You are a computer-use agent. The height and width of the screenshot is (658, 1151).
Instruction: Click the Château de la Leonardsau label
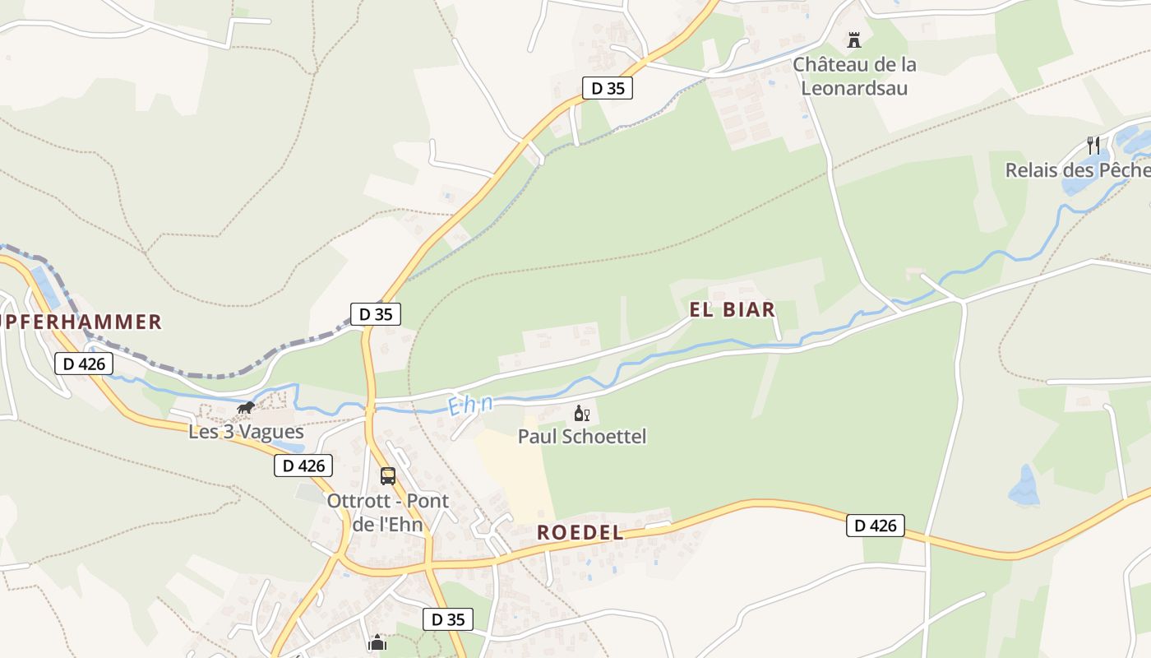pyautogui.click(x=854, y=76)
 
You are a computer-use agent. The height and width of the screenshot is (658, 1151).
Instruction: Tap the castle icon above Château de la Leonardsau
pyautogui.click(x=854, y=39)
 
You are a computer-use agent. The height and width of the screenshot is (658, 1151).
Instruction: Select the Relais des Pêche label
pyautogui.click(x=1078, y=170)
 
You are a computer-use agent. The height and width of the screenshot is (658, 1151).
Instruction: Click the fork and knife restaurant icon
pyautogui.click(x=1093, y=146)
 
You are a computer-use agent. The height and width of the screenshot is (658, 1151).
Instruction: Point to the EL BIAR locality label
pyautogui.click(x=733, y=310)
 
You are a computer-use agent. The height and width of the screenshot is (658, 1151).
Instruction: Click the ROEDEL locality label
pyautogui.click(x=580, y=533)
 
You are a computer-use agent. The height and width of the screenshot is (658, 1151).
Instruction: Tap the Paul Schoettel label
pyautogui.click(x=582, y=436)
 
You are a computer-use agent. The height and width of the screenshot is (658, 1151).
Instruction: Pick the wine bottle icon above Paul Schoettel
pyautogui.click(x=581, y=413)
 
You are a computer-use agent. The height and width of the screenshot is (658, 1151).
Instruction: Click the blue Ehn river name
pyautogui.click(x=471, y=405)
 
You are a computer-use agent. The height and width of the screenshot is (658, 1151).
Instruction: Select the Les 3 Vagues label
pyautogui.click(x=247, y=432)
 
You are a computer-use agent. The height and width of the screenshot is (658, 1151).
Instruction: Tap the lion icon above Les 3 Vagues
pyautogui.click(x=245, y=408)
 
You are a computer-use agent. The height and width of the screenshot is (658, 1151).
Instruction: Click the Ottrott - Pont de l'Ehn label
pyautogui.click(x=388, y=512)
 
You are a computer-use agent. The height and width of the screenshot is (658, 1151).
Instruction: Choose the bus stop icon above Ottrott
pyautogui.click(x=388, y=475)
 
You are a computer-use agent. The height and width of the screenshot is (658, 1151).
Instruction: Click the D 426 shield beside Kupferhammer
pyautogui.click(x=84, y=364)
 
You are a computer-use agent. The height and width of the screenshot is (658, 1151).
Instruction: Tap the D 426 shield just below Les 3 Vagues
pyautogui.click(x=304, y=466)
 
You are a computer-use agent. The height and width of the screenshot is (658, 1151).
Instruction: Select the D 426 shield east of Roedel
pyautogui.click(x=876, y=526)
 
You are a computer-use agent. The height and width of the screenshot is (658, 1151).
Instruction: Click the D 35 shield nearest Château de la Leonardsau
pyautogui.click(x=608, y=88)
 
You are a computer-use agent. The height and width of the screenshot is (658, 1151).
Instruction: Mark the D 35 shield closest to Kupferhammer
pyautogui.click(x=376, y=313)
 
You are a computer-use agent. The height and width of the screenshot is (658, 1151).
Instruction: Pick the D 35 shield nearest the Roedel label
pyautogui.click(x=448, y=619)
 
